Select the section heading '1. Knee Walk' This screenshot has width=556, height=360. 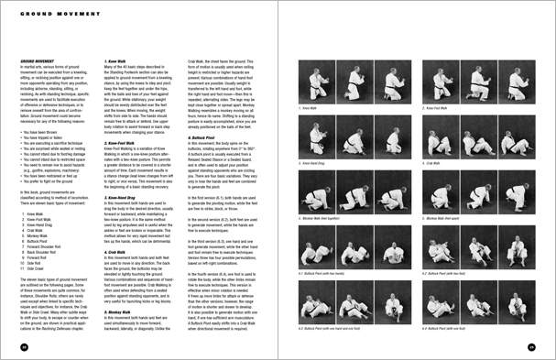pyautogui.click(x=111, y=62)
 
